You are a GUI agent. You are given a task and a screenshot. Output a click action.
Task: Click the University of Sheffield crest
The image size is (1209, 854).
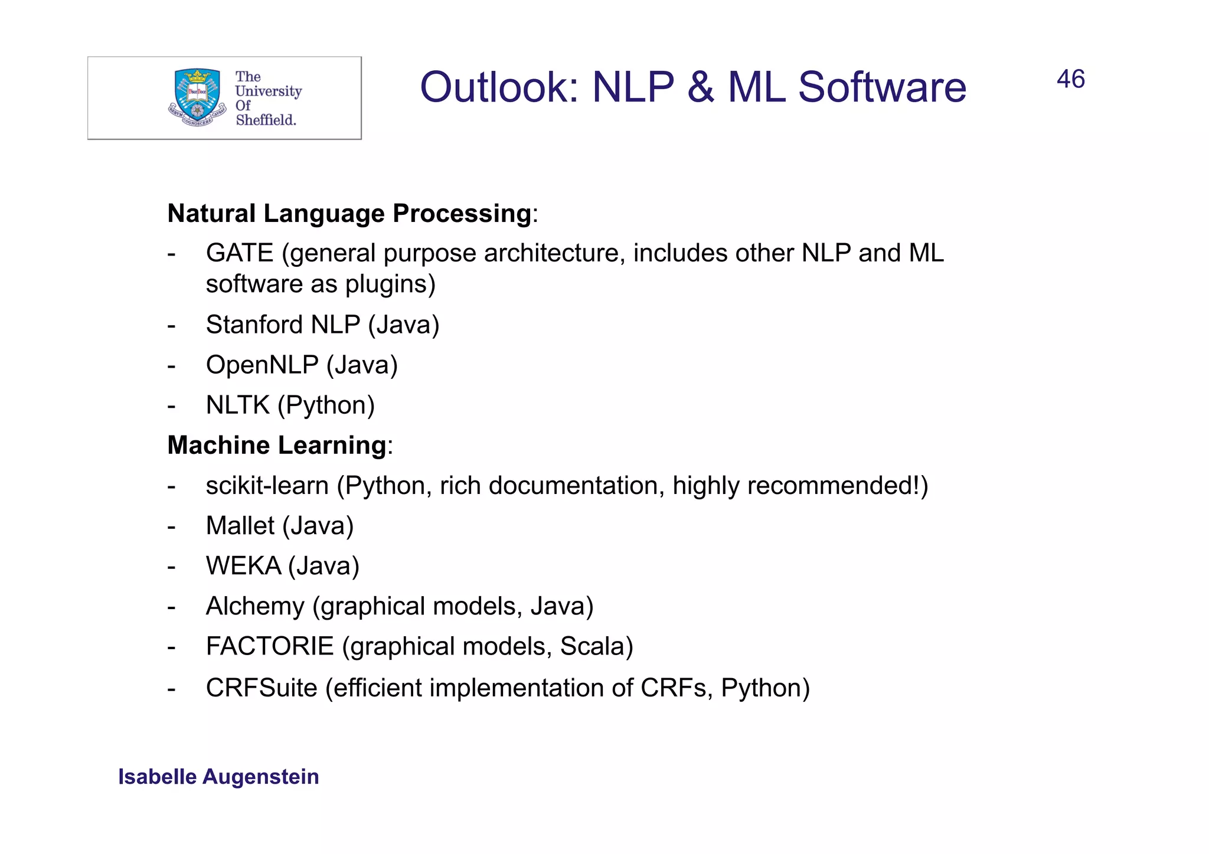[x=197, y=98]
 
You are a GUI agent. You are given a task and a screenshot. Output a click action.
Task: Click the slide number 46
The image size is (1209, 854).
[x=1070, y=79]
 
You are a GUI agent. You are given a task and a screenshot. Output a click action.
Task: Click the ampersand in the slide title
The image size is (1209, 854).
[x=701, y=87]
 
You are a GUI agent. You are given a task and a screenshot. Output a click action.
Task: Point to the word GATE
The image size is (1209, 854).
[x=240, y=253]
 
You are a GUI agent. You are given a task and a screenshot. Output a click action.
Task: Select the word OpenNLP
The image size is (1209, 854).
[x=262, y=365]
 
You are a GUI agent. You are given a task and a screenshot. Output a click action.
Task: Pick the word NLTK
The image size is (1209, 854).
[x=237, y=405]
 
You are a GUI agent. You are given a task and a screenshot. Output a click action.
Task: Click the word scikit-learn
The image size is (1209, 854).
[x=267, y=486]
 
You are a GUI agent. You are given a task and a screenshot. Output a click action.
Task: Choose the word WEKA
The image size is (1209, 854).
[x=243, y=566]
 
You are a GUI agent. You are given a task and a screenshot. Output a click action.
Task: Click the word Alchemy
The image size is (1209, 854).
[x=255, y=607]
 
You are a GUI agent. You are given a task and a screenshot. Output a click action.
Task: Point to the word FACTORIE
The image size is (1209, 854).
[x=270, y=646]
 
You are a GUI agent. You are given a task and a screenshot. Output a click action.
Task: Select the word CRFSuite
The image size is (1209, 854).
[x=262, y=688]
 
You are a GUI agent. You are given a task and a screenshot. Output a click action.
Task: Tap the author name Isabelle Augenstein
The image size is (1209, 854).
[x=218, y=777]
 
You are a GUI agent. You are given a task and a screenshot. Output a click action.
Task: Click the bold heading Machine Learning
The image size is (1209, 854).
[x=277, y=445]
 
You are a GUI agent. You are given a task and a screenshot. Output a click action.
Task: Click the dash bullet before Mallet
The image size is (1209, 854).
[x=172, y=526]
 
